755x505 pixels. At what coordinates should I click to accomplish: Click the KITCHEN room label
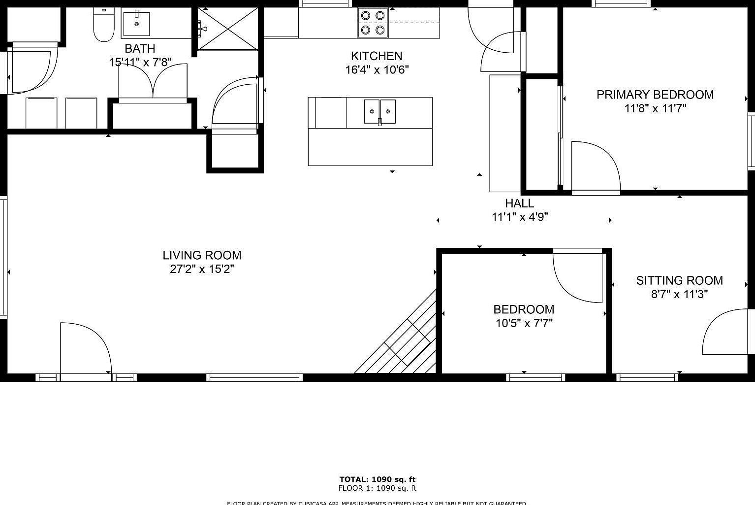377,56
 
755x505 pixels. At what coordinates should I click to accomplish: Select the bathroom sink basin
136,24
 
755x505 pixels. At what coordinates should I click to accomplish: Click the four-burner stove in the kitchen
373,23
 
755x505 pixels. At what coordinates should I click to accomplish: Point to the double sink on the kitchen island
379,111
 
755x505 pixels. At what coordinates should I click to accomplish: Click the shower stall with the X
227,29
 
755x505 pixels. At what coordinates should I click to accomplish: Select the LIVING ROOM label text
202,255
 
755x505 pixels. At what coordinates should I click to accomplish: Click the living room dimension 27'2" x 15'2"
202,269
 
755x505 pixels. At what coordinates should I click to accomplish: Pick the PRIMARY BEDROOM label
655,95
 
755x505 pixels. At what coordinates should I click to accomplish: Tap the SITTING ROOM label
679,280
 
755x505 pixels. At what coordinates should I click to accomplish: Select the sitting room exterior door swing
726,333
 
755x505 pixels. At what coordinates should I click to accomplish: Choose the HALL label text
519,203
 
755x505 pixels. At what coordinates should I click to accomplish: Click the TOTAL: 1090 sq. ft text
377,479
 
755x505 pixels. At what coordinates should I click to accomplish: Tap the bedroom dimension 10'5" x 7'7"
524,323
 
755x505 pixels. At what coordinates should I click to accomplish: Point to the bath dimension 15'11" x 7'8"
140,62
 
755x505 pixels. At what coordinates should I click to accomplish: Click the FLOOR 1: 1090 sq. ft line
377,488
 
